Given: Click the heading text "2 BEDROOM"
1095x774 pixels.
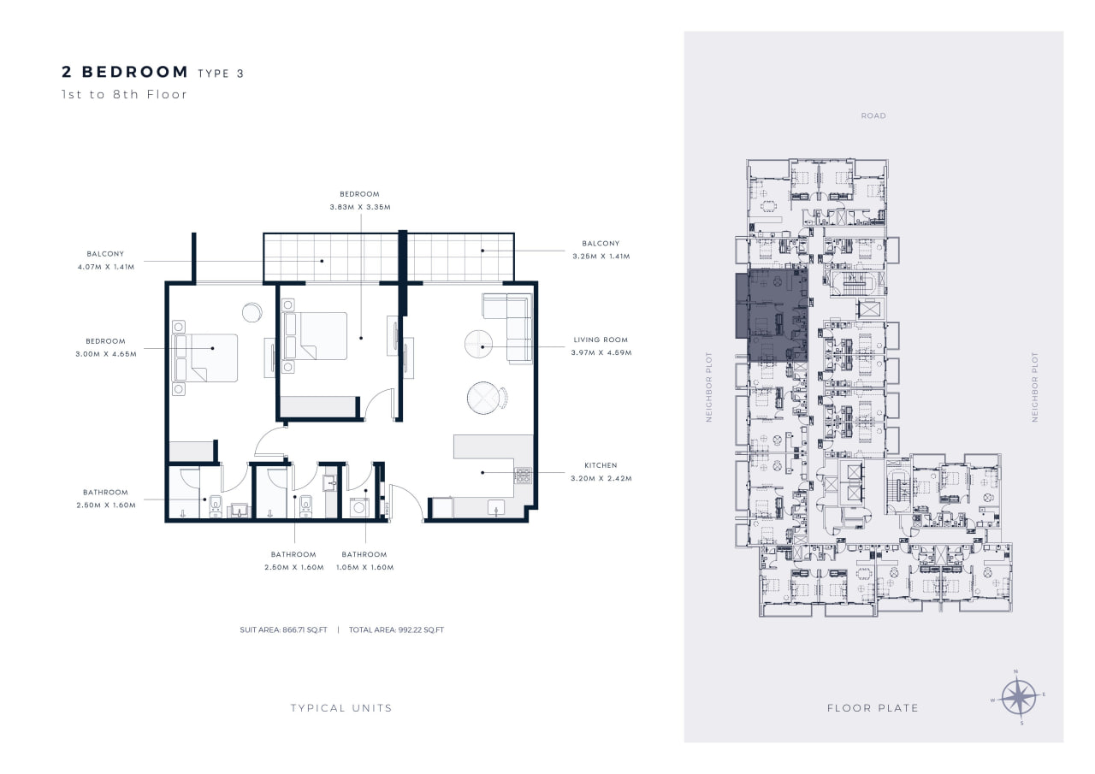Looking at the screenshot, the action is coord(125,72).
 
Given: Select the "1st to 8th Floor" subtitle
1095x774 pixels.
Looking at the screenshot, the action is coord(124,94).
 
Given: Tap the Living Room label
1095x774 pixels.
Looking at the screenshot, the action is coord(601,340).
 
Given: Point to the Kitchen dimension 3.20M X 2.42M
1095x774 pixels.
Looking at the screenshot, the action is coord(601,478).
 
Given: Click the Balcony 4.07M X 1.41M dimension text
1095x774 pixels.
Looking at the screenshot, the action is coord(105,267).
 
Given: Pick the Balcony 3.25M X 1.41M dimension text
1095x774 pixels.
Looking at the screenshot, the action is coord(601,256).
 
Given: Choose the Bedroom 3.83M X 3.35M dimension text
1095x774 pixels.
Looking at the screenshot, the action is coord(360,207).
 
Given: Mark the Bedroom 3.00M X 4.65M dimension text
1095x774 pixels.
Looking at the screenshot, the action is coord(106,354).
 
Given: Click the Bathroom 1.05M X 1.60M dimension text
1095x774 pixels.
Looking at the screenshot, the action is coord(364,567).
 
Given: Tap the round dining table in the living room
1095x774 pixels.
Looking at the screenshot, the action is coord(483,398).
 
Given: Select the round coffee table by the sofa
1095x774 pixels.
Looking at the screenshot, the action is coord(478,344).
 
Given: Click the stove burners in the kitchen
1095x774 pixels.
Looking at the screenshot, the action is coord(523,476).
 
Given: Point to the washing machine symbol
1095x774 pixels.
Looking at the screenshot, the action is coord(359,508).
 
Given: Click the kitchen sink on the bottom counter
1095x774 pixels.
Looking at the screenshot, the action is coord(496,508).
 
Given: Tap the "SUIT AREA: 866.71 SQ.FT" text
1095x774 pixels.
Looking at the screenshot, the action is coord(283,629).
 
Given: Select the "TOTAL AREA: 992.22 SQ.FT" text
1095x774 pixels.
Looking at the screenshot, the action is coord(396,629).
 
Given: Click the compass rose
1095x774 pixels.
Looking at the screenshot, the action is coord(1019,697).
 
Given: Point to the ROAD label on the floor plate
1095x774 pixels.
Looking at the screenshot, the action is coord(873,115).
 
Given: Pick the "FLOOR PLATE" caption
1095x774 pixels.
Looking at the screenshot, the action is coord(873,708).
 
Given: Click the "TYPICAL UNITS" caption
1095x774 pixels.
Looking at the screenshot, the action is coord(341,708).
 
